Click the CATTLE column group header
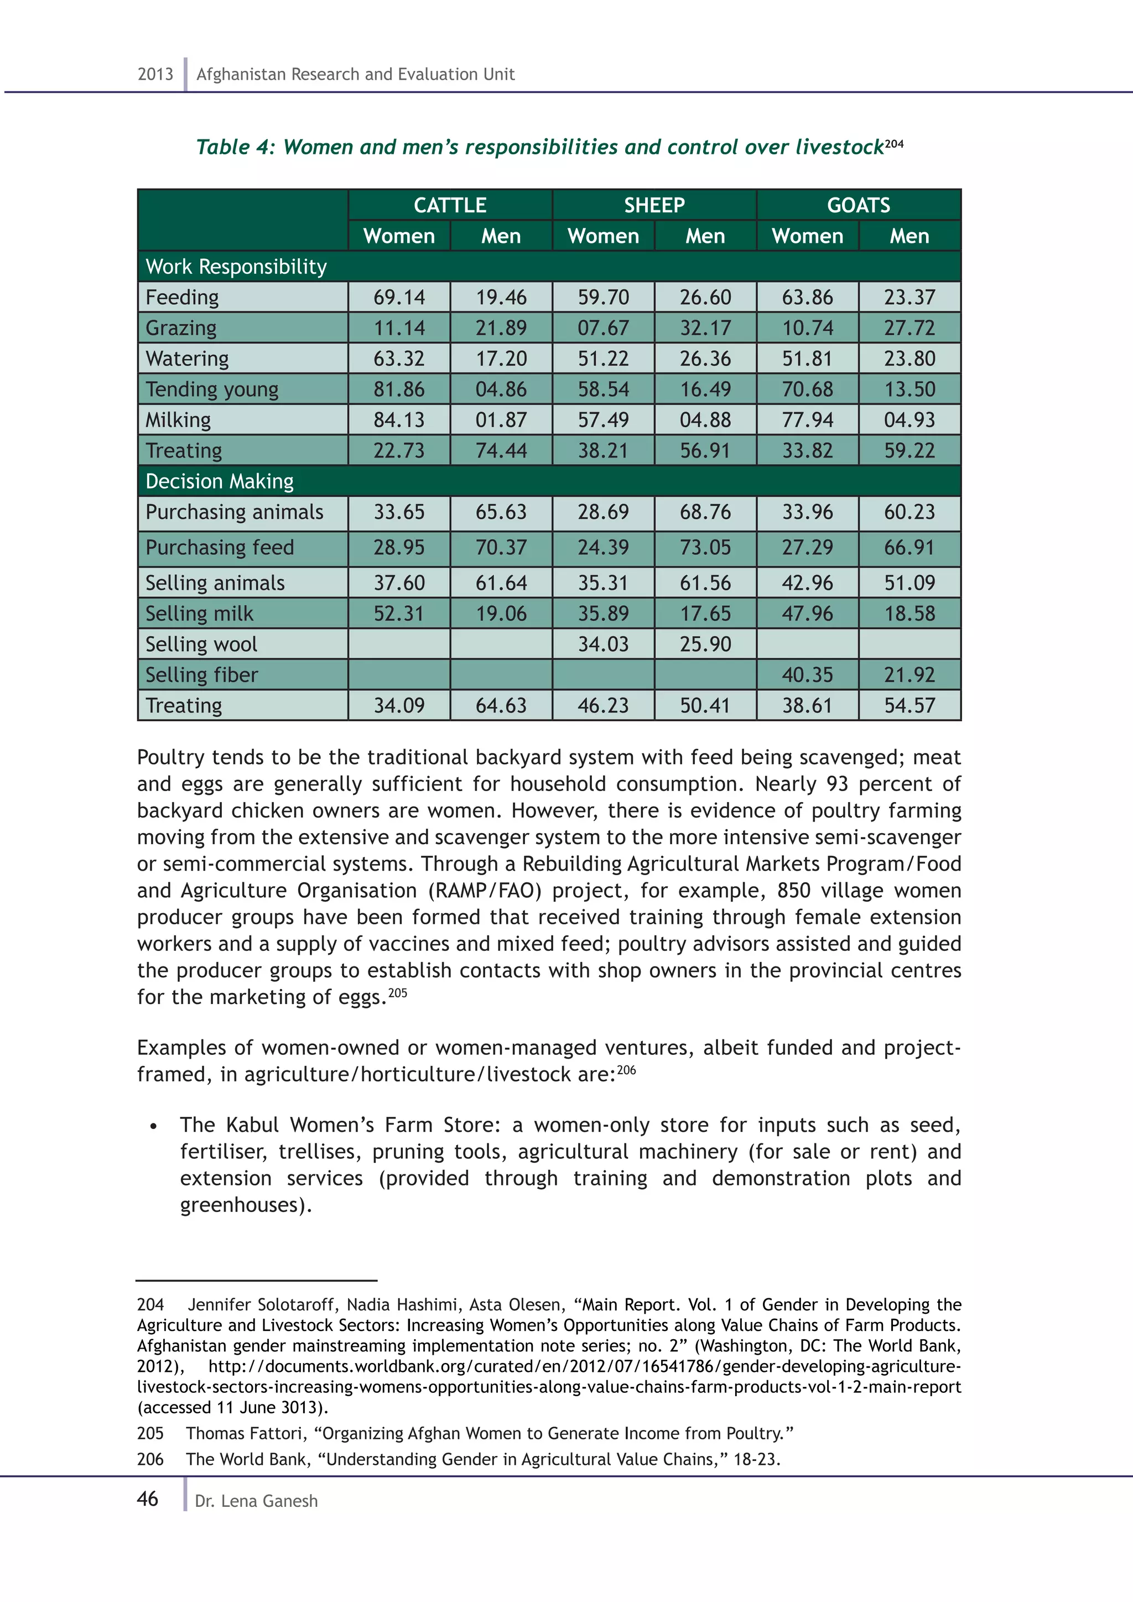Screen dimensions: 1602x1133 [450, 205]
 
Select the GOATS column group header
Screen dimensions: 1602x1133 [858, 205]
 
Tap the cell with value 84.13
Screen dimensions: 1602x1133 [399, 420]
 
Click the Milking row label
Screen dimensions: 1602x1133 [178, 420]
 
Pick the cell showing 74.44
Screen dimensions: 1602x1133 [501, 451]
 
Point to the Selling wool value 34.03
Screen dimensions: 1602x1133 [603, 644]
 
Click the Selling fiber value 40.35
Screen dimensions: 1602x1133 [807, 675]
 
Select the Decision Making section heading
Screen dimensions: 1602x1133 [219, 481]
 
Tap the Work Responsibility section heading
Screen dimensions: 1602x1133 [236, 267]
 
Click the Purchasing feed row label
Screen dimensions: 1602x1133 [220, 548]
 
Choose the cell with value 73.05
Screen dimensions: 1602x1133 [705, 548]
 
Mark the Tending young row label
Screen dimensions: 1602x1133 [211, 389]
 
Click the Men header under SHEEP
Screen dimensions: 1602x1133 [705, 236]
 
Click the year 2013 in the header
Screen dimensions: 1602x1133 [155, 74]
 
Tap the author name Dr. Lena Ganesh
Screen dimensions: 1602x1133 [256, 1501]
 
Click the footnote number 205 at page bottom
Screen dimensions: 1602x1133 [150, 1433]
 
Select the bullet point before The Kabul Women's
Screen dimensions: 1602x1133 [153, 1126]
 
